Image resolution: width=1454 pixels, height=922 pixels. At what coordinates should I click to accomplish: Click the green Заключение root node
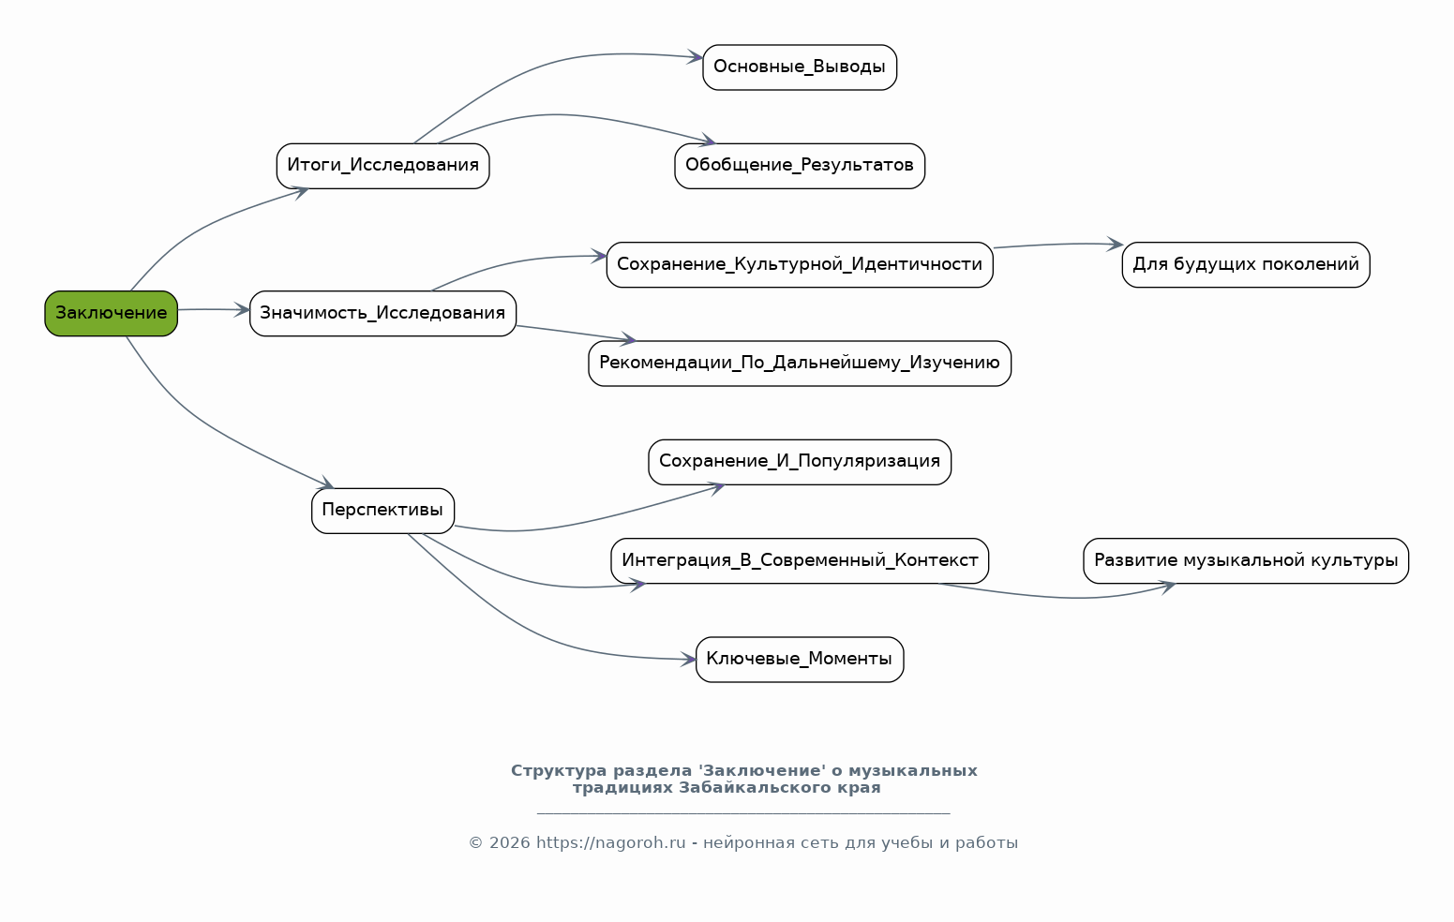(x=111, y=313)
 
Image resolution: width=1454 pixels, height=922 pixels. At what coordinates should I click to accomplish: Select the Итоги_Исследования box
(x=382, y=166)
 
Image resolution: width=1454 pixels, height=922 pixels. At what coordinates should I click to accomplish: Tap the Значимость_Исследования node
(x=382, y=313)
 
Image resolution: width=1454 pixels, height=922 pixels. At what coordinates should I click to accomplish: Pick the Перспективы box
(x=382, y=511)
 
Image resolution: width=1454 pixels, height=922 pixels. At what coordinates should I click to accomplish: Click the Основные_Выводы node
(x=800, y=67)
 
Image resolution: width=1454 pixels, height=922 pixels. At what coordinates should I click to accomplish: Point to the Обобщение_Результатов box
(x=800, y=166)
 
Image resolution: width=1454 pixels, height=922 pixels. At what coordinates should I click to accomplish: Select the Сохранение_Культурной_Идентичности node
(x=800, y=264)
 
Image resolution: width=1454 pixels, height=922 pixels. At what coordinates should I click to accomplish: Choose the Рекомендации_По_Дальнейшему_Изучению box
(x=800, y=364)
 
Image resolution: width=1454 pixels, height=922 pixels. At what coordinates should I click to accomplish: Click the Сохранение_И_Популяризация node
(x=800, y=462)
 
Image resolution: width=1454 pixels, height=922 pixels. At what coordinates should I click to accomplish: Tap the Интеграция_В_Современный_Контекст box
(x=800, y=560)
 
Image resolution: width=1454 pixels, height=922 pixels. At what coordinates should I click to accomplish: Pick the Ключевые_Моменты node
(x=800, y=660)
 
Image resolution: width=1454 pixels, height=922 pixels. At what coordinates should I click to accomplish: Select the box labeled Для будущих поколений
(x=1246, y=264)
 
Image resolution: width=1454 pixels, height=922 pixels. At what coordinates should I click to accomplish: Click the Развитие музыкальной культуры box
(x=1246, y=560)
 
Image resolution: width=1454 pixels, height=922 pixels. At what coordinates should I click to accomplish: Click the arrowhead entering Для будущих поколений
(x=1116, y=245)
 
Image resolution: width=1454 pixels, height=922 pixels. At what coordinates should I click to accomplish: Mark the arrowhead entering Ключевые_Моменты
(x=690, y=660)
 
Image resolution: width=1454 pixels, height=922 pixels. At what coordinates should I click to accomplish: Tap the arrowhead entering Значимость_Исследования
(x=244, y=309)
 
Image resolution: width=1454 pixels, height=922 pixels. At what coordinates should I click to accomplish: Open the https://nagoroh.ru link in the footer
(x=610, y=843)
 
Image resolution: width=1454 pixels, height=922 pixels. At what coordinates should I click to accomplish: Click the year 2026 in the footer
(x=509, y=843)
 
